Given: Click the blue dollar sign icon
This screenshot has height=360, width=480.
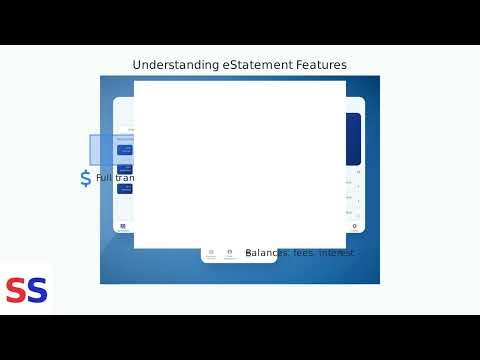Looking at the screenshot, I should coord(85,178).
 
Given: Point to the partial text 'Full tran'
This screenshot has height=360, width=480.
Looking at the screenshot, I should coord(115,178).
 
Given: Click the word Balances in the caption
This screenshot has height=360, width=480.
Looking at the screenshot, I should coord(267,253).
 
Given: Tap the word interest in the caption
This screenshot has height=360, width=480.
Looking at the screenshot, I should coord(337,253).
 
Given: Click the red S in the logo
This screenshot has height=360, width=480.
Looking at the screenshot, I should coord(16,290).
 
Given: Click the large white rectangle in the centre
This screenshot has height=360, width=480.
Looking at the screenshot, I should coord(240,164).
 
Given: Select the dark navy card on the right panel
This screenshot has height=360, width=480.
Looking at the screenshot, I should coord(353,138).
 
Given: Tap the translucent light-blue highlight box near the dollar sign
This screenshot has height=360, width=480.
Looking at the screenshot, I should coord(111,150).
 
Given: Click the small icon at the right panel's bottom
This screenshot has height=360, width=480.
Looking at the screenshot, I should coord(354,227).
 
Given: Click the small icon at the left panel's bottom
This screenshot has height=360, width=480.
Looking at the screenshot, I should coord(123,227).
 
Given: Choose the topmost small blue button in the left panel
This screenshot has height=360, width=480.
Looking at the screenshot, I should coord(126,150).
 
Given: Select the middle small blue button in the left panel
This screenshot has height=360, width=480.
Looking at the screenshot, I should coord(126,169).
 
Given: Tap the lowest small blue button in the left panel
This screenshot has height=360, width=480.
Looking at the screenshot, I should coord(126,187).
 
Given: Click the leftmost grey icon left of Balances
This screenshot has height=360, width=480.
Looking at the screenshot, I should coord(211,253).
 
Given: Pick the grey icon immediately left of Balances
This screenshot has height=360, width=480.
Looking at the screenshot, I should coord(229,253).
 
